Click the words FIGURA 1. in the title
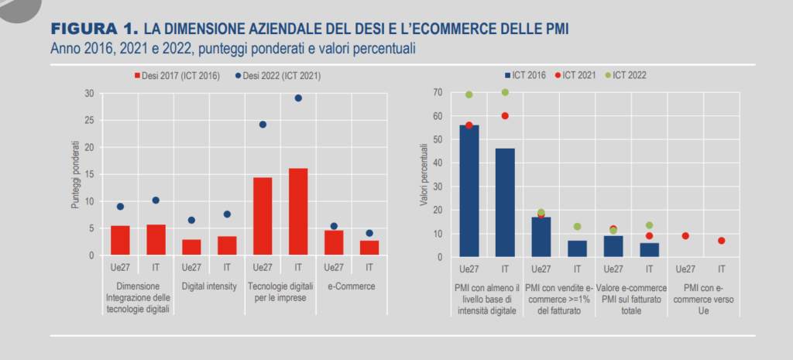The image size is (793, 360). tap(94, 29)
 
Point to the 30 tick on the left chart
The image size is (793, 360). tap(89, 94)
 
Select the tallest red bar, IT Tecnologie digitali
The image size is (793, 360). tap(298, 211)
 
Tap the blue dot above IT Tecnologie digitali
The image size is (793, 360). tap(298, 98)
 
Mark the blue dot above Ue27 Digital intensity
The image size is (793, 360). tap(191, 220)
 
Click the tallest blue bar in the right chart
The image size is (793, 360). tap(469, 190)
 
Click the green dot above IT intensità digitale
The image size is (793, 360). tap(505, 92)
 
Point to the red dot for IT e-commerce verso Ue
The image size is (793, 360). tap(721, 241)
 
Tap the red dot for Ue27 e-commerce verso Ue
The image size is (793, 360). tap(685, 235)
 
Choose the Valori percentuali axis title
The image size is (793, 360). tap(424, 174)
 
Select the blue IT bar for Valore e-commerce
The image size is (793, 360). tap(649, 249)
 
